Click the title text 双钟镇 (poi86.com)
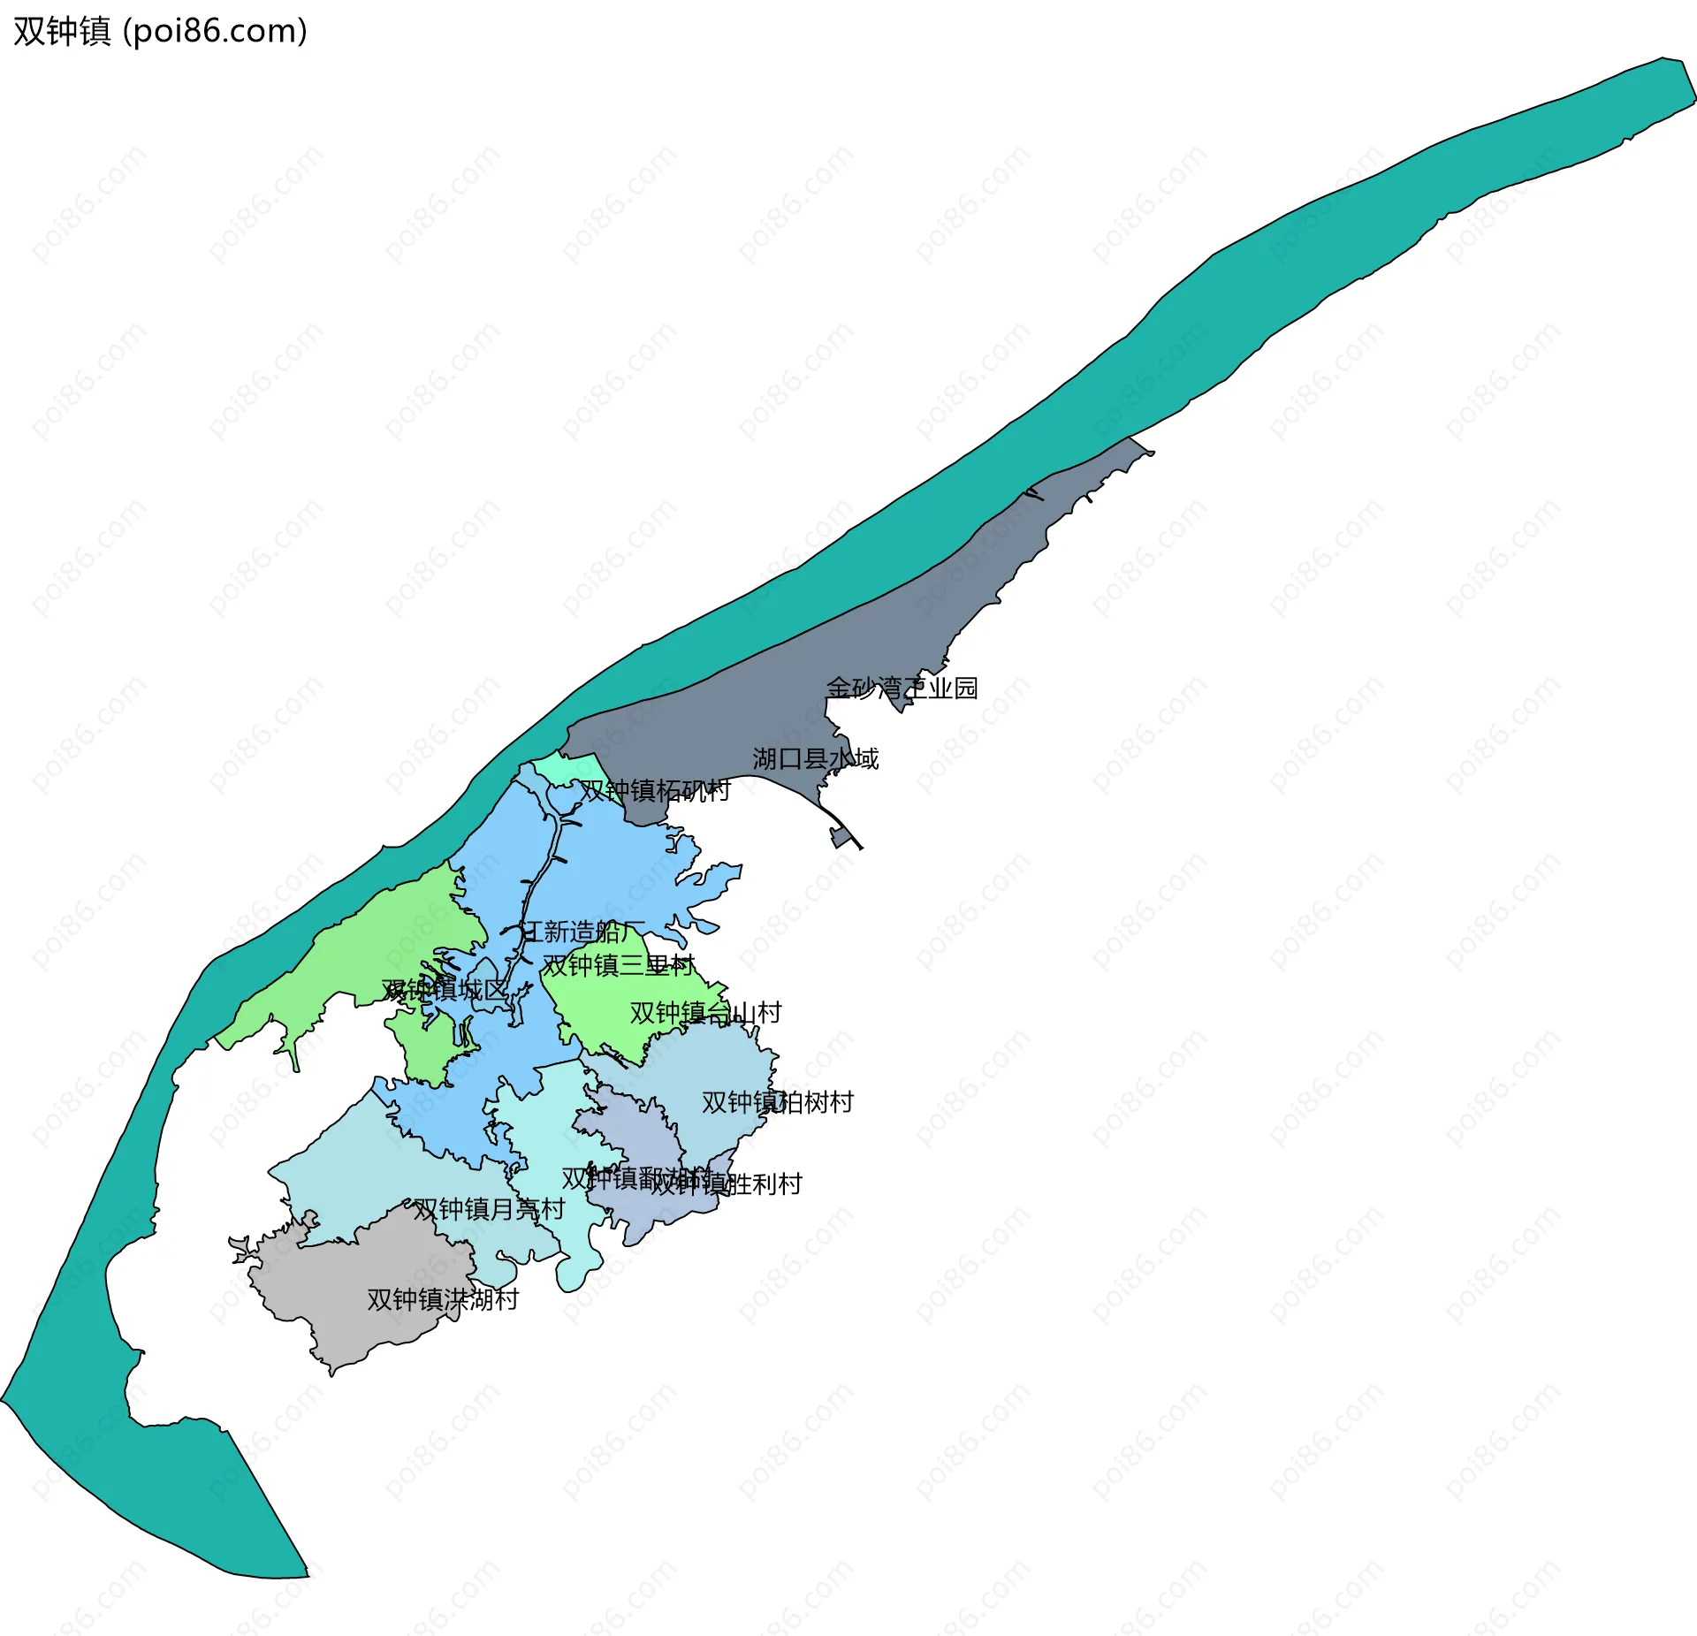[x=160, y=32]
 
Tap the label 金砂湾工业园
[x=902, y=688]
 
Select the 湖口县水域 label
[x=815, y=758]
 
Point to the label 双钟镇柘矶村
[x=654, y=790]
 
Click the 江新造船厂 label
[x=582, y=932]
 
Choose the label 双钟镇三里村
[x=619, y=965]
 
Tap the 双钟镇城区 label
[x=445, y=990]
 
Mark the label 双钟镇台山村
[x=705, y=1012]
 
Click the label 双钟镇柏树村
[x=777, y=1102]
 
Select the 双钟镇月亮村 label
[x=489, y=1209]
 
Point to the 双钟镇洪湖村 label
[x=443, y=1299]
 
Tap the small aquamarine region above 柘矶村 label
[x=566, y=766]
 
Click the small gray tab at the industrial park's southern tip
[x=839, y=837]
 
